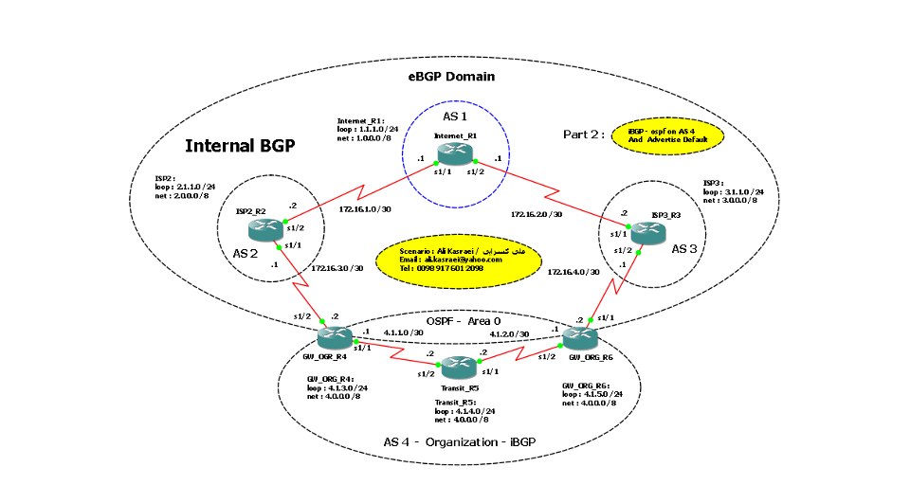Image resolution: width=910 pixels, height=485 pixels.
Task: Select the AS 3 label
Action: pyautogui.click(x=684, y=247)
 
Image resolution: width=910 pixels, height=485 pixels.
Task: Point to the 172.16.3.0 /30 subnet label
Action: pyautogui.click(x=337, y=268)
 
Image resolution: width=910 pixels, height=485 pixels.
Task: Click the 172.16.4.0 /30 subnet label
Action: pyautogui.click(x=574, y=272)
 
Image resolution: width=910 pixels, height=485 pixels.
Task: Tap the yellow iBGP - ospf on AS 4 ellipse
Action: pyautogui.click(x=668, y=136)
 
